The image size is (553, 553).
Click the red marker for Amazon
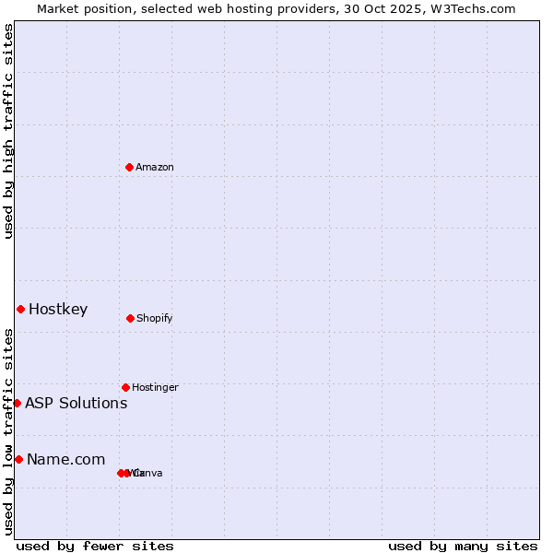click(x=130, y=167)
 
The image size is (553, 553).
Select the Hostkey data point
click(x=20, y=309)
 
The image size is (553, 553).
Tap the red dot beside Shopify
click(x=130, y=318)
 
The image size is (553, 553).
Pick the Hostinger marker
click(x=125, y=387)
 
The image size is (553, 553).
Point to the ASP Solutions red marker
click(x=17, y=403)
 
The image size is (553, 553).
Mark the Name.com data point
click(x=18, y=459)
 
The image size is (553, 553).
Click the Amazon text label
click(x=155, y=167)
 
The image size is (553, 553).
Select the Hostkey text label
click(x=58, y=310)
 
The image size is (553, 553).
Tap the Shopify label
click(x=155, y=319)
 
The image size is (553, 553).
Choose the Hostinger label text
click(x=155, y=387)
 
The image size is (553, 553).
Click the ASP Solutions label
click(x=76, y=404)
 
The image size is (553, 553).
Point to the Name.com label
click(x=65, y=460)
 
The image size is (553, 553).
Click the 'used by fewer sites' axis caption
click(x=95, y=546)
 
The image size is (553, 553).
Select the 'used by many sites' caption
click(x=463, y=546)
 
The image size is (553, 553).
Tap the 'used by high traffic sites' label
click(x=8, y=131)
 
